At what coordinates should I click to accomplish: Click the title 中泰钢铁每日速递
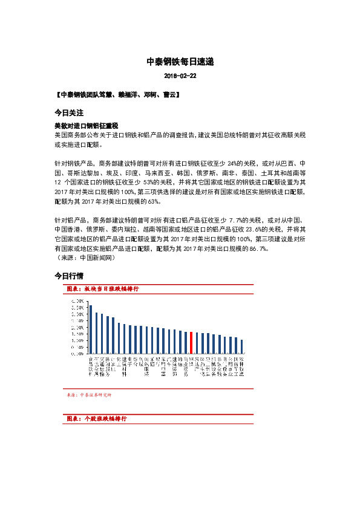tap(180, 62)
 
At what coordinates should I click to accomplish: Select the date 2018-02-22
tap(180, 76)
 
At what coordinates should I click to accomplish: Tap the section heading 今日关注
tap(68, 113)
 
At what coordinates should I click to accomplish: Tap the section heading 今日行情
tap(68, 276)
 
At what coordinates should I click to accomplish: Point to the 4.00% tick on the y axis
tap(77, 300)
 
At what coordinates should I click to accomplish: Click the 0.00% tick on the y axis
tap(77, 354)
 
